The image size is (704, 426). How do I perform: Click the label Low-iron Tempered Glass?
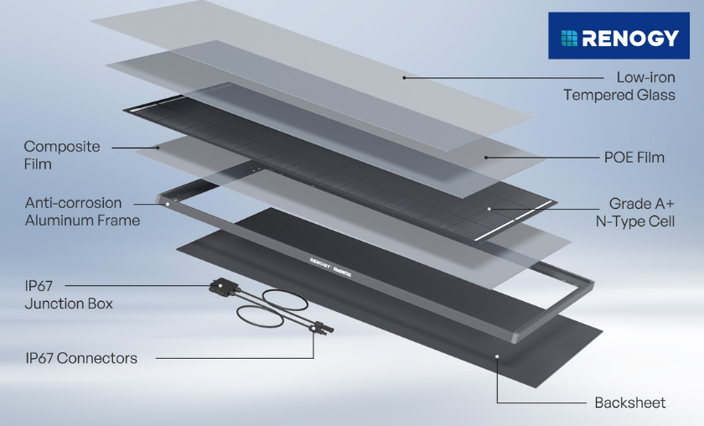(x=619, y=86)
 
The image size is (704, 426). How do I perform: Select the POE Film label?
(x=634, y=157)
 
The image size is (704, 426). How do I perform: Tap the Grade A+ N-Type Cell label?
(x=641, y=213)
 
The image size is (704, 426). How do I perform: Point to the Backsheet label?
(x=629, y=403)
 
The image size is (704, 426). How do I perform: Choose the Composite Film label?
(x=61, y=155)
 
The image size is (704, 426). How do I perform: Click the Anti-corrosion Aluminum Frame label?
(x=82, y=211)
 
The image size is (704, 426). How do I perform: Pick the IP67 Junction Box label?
(x=69, y=294)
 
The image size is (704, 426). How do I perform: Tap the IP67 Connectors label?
(x=80, y=358)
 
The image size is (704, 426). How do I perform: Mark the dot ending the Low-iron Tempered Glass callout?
(x=403, y=77)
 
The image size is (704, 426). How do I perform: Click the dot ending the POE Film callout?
(x=486, y=157)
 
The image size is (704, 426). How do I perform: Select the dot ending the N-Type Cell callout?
(x=489, y=206)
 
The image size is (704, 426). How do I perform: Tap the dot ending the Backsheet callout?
(x=497, y=358)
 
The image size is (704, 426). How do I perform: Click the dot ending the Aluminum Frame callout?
(x=167, y=203)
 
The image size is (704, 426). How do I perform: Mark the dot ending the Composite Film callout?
(x=158, y=148)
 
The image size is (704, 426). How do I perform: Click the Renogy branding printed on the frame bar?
(x=325, y=261)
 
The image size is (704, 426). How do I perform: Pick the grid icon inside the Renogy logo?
(x=569, y=37)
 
